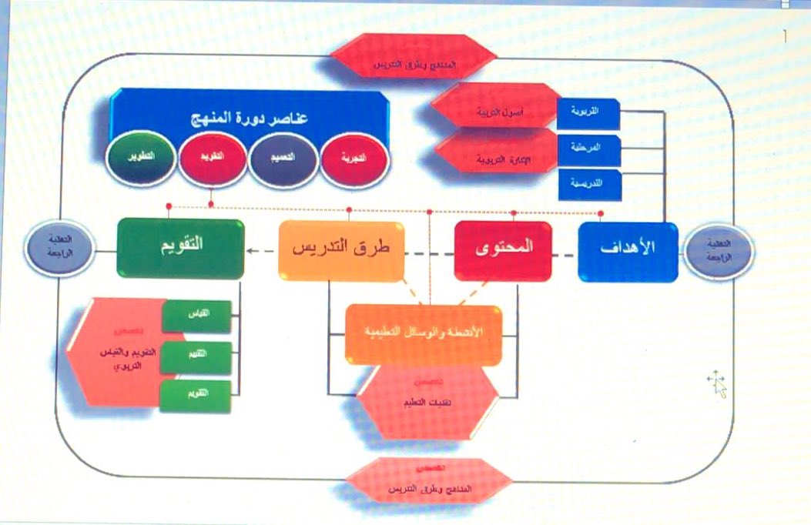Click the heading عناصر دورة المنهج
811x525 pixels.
pos(249,121)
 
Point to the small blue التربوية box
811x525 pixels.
pos(588,113)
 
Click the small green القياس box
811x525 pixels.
pos(196,316)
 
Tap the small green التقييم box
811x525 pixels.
pos(196,356)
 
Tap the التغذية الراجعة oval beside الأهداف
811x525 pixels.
pos(718,251)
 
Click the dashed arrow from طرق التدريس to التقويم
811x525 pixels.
pos(261,251)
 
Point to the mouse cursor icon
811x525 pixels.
pos(718,383)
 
